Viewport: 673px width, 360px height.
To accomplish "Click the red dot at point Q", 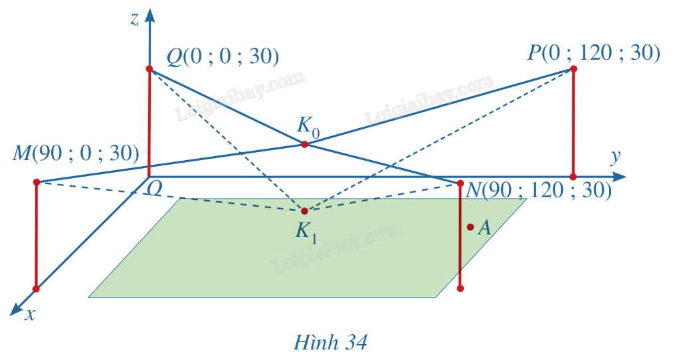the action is pyautogui.click(x=149, y=68).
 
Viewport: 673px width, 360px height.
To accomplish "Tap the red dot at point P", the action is pyautogui.click(x=573, y=68).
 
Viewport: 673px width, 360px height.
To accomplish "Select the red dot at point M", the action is pyautogui.click(x=37, y=183).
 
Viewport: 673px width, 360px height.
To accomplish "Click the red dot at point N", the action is pyautogui.click(x=460, y=183).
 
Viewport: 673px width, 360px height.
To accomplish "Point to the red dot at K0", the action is pyautogui.click(x=304, y=144).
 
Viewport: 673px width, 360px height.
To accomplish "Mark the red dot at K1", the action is pyautogui.click(x=304, y=211).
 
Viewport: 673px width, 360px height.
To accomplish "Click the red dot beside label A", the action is pyautogui.click(x=470, y=227).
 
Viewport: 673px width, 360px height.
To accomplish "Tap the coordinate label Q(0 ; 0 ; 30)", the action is pyautogui.click(x=223, y=56).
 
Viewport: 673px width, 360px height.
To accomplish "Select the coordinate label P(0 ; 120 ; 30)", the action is pyautogui.click(x=593, y=52).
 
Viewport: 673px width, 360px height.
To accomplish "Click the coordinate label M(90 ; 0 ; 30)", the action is pyautogui.click(x=76, y=153).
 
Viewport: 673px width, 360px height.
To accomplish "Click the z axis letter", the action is pyautogui.click(x=135, y=19).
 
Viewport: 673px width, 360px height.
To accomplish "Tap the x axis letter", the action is pyautogui.click(x=30, y=315).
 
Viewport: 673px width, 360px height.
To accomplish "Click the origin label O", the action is pyautogui.click(x=154, y=188).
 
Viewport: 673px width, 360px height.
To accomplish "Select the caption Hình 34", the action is pyautogui.click(x=330, y=343).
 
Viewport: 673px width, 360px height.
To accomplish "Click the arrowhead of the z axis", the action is pyautogui.click(x=149, y=15).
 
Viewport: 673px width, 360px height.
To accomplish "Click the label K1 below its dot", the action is pyautogui.click(x=306, y=232).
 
